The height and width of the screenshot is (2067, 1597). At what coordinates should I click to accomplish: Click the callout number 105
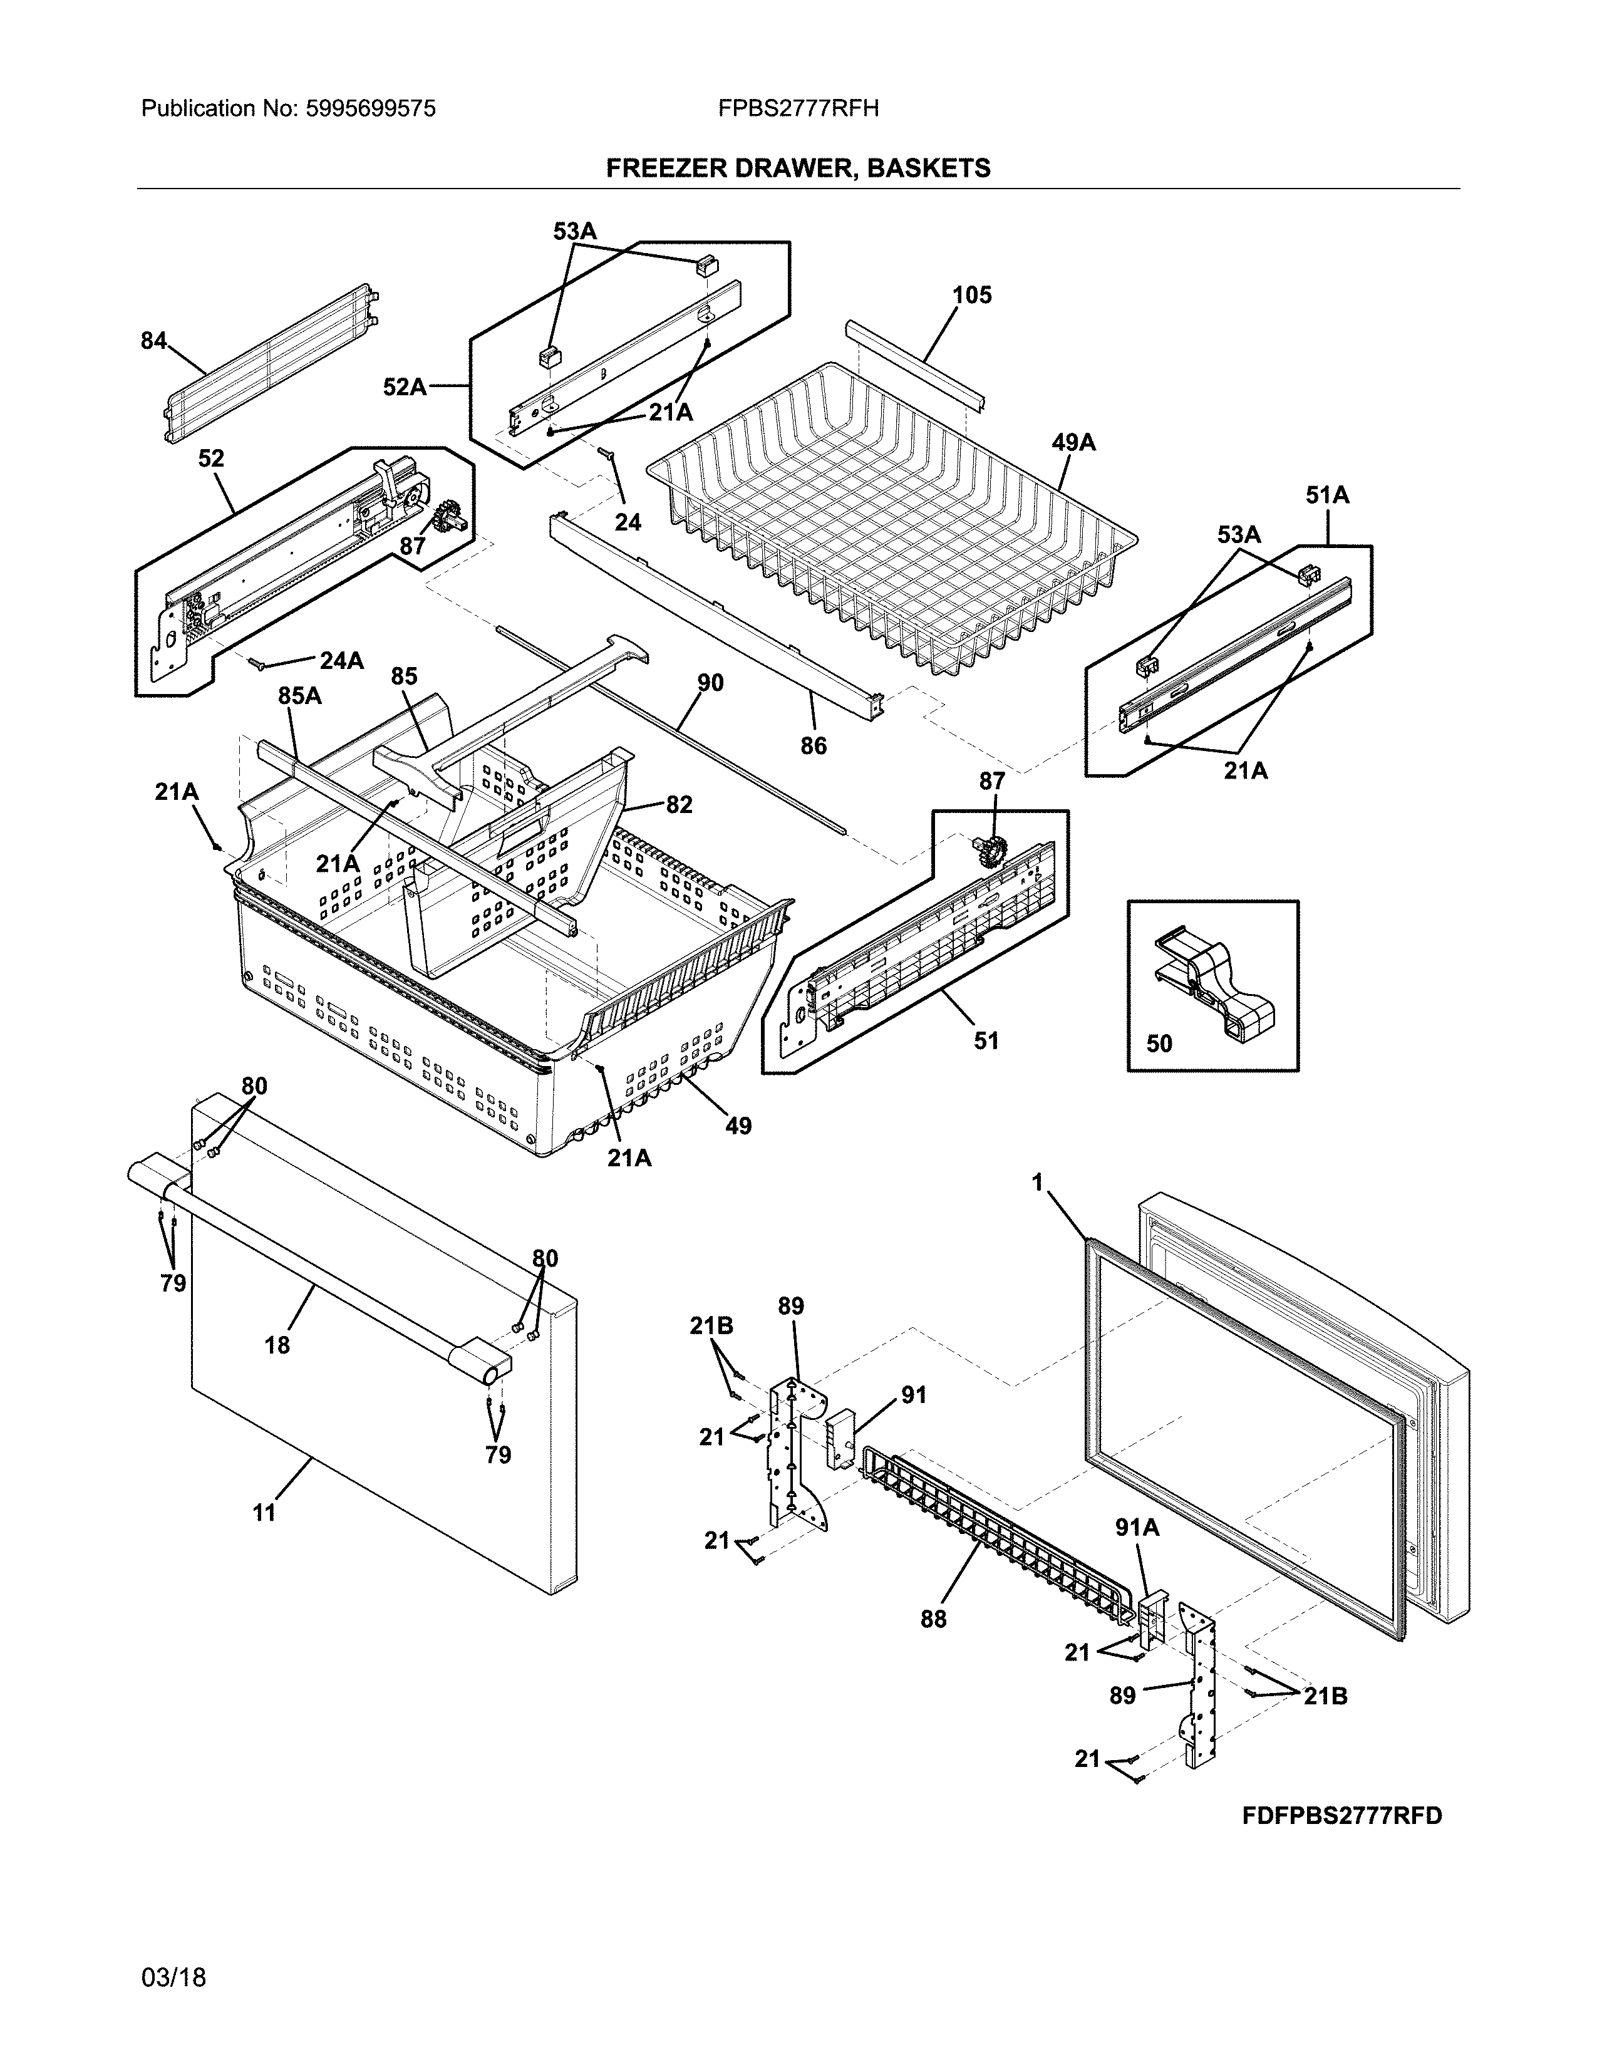pos(971,295)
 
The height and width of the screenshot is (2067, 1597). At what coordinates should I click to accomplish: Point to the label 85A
pos(299,696)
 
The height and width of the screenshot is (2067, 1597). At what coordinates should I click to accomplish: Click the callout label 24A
pos(341,661)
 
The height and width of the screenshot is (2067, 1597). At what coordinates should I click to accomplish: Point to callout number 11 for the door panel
pos(264,1513)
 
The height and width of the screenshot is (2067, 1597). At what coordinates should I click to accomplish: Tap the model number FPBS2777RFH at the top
pos(797,109)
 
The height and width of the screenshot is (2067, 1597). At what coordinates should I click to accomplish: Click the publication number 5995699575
pos(370,109)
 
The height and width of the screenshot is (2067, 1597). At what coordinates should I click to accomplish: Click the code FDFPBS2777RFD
pos(1341,1815)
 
